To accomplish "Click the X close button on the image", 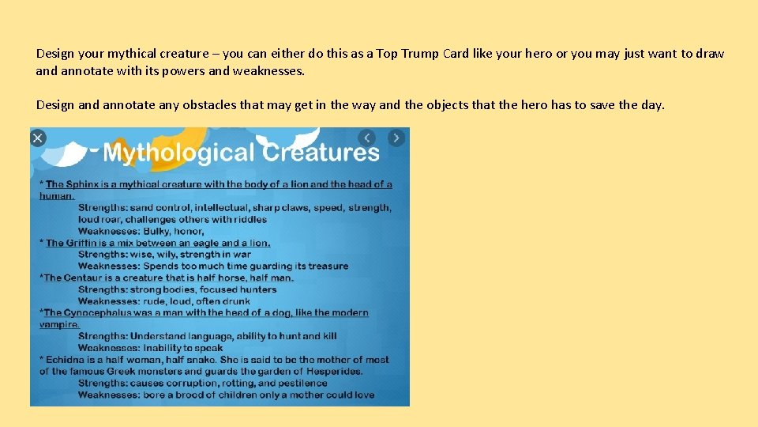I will pos(37,138).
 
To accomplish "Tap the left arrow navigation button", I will pos(367,138).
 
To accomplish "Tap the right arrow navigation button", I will pos(396,138).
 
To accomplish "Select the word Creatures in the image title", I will pos(321,153).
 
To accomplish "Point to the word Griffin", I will pos(82,243).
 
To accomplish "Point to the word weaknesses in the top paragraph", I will pos(268,71).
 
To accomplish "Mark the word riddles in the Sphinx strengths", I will pos(250,219).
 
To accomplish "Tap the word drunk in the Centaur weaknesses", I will pos(235,301).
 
